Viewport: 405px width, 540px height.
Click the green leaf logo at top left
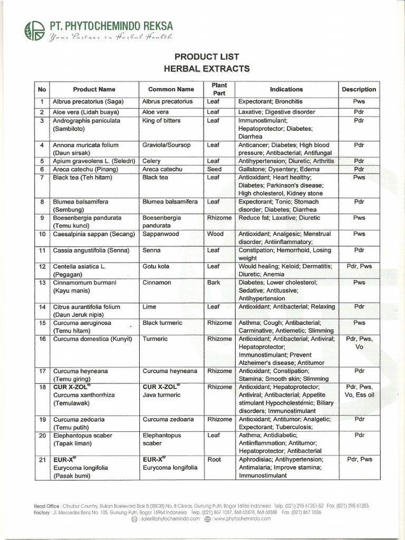pyautogui.click(x=35, y=30)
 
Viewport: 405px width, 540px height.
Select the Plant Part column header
pyautogui.click(x=219, y=89)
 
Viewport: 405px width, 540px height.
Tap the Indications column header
pyautogui.click(x=286, y=89)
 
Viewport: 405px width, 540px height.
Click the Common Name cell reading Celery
pyautogui.click(x=151, y=161)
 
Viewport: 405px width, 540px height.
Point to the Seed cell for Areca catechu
pyautogui.click(x=214, y=169)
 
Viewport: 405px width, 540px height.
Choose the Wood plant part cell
pyautogui.click(x=215, y=234)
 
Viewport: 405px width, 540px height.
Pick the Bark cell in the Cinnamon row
pyautogui.click(x=214, y=283)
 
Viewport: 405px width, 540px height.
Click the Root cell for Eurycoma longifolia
pyautogui.click(x=214, y=459)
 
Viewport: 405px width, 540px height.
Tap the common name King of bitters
pyautogui.click(x=161, y=121)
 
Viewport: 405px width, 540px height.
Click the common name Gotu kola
pyautogui.click(x=156, y=266)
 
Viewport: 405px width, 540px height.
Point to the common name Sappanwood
pyautogui.click(x=161, y=234)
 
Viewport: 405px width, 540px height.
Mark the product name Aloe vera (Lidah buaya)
pyautogui.click(x=86, y=112)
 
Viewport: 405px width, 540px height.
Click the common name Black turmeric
pyautogui.click(x=162, y=323)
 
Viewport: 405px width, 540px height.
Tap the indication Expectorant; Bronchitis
pyautogui.click(x=271, y=101)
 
